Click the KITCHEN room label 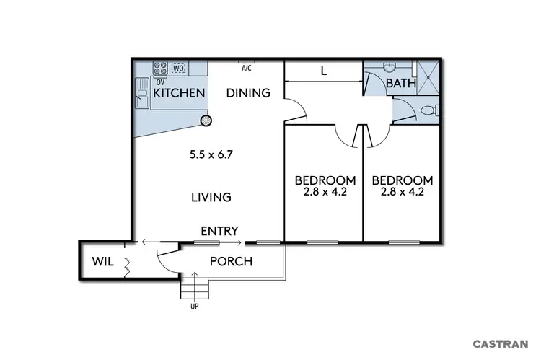[x=170, y=93]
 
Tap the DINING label [x=248, y=93]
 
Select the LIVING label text [x=211, y=197]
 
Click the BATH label [x=401, y=84]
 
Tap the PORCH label [x=231, y=261]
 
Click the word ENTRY [x=219, y=231]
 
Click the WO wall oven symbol [x=179, y=69]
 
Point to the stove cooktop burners [x=159, y=69]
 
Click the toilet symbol [x=428, y=111]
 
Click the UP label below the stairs [x=194, y=307]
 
